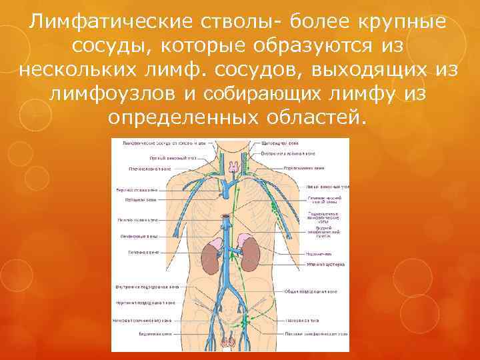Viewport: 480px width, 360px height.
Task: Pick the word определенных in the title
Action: (x=176, y=118)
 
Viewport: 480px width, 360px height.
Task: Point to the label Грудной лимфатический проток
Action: (x=320, y=231)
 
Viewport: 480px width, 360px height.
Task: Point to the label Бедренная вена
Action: (x=142, y=333)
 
